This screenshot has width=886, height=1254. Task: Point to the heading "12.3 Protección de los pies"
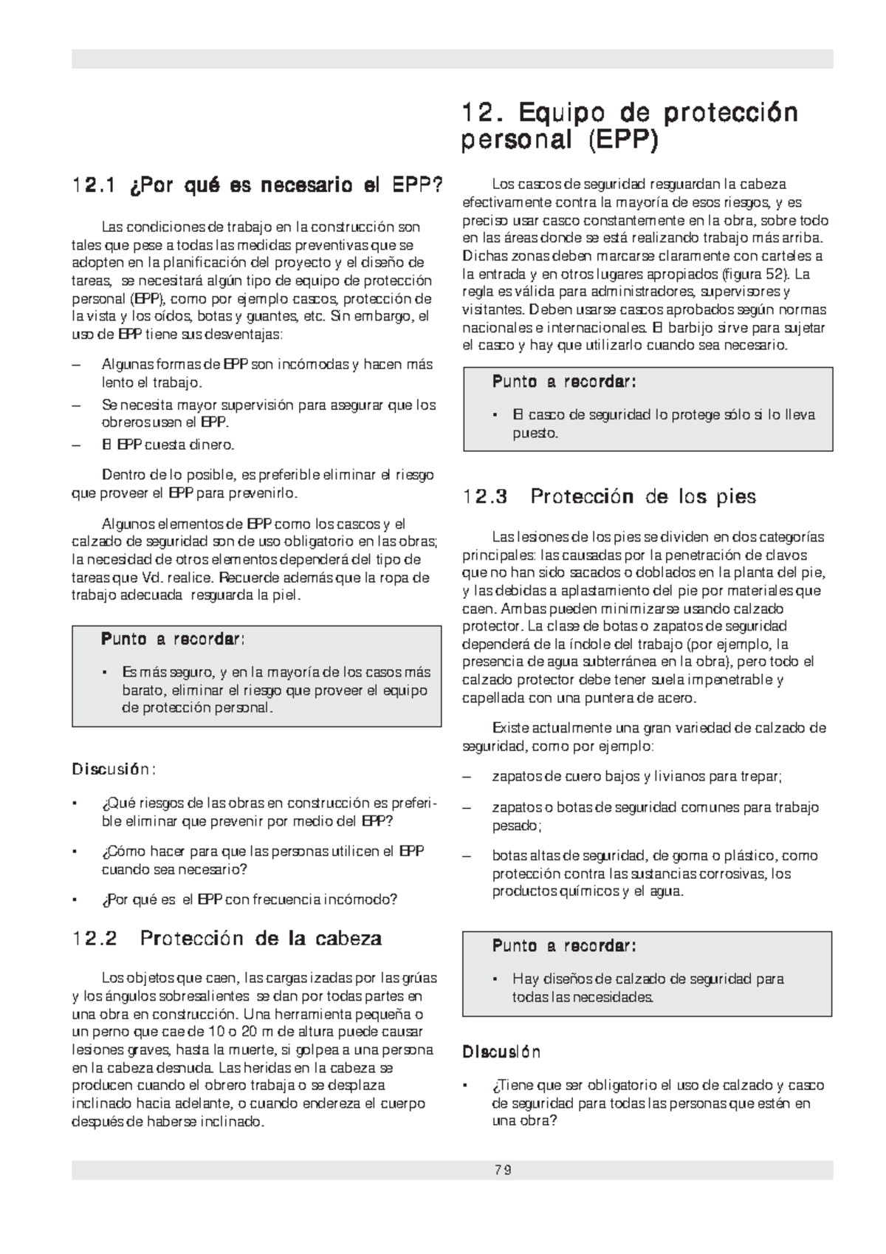pos(609,496)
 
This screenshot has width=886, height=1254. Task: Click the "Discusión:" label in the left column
pos(113,770)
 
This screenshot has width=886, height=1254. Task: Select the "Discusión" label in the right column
pos(501,1052)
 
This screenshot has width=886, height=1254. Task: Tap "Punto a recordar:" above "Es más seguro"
pos(173,639)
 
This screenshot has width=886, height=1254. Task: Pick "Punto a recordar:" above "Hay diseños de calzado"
pos(563,946)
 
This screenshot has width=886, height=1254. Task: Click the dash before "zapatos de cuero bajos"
pos(466,777)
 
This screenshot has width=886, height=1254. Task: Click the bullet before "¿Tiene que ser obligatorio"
pos(465,1086)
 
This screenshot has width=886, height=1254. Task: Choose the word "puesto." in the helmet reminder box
pos(535,434)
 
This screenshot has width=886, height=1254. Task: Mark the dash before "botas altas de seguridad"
pos(466,856)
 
